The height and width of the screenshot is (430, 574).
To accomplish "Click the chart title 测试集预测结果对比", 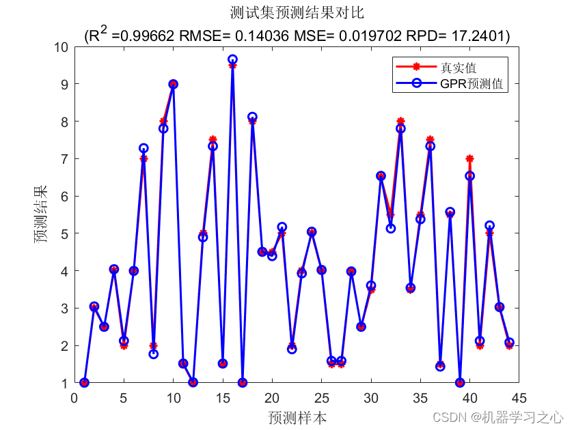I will point(297,13).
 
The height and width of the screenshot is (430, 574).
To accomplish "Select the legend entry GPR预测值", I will point(471,84).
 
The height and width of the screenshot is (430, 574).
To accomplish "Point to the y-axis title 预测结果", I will point(42,215).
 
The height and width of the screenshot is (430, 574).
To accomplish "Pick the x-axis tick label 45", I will point(518,397).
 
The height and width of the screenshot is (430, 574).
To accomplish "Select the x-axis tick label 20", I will point(272,397).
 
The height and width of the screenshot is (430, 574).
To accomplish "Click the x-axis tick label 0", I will point(74,397).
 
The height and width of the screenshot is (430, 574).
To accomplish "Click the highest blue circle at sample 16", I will point(232,59).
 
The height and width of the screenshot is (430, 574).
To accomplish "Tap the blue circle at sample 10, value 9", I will point(173,84).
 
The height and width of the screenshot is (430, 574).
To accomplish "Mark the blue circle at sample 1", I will point(84,382).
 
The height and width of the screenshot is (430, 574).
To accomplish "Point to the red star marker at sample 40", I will point(469,158).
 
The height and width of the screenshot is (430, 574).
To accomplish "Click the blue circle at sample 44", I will point(508,342).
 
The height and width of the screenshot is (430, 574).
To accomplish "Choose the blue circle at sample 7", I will point(143,148).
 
